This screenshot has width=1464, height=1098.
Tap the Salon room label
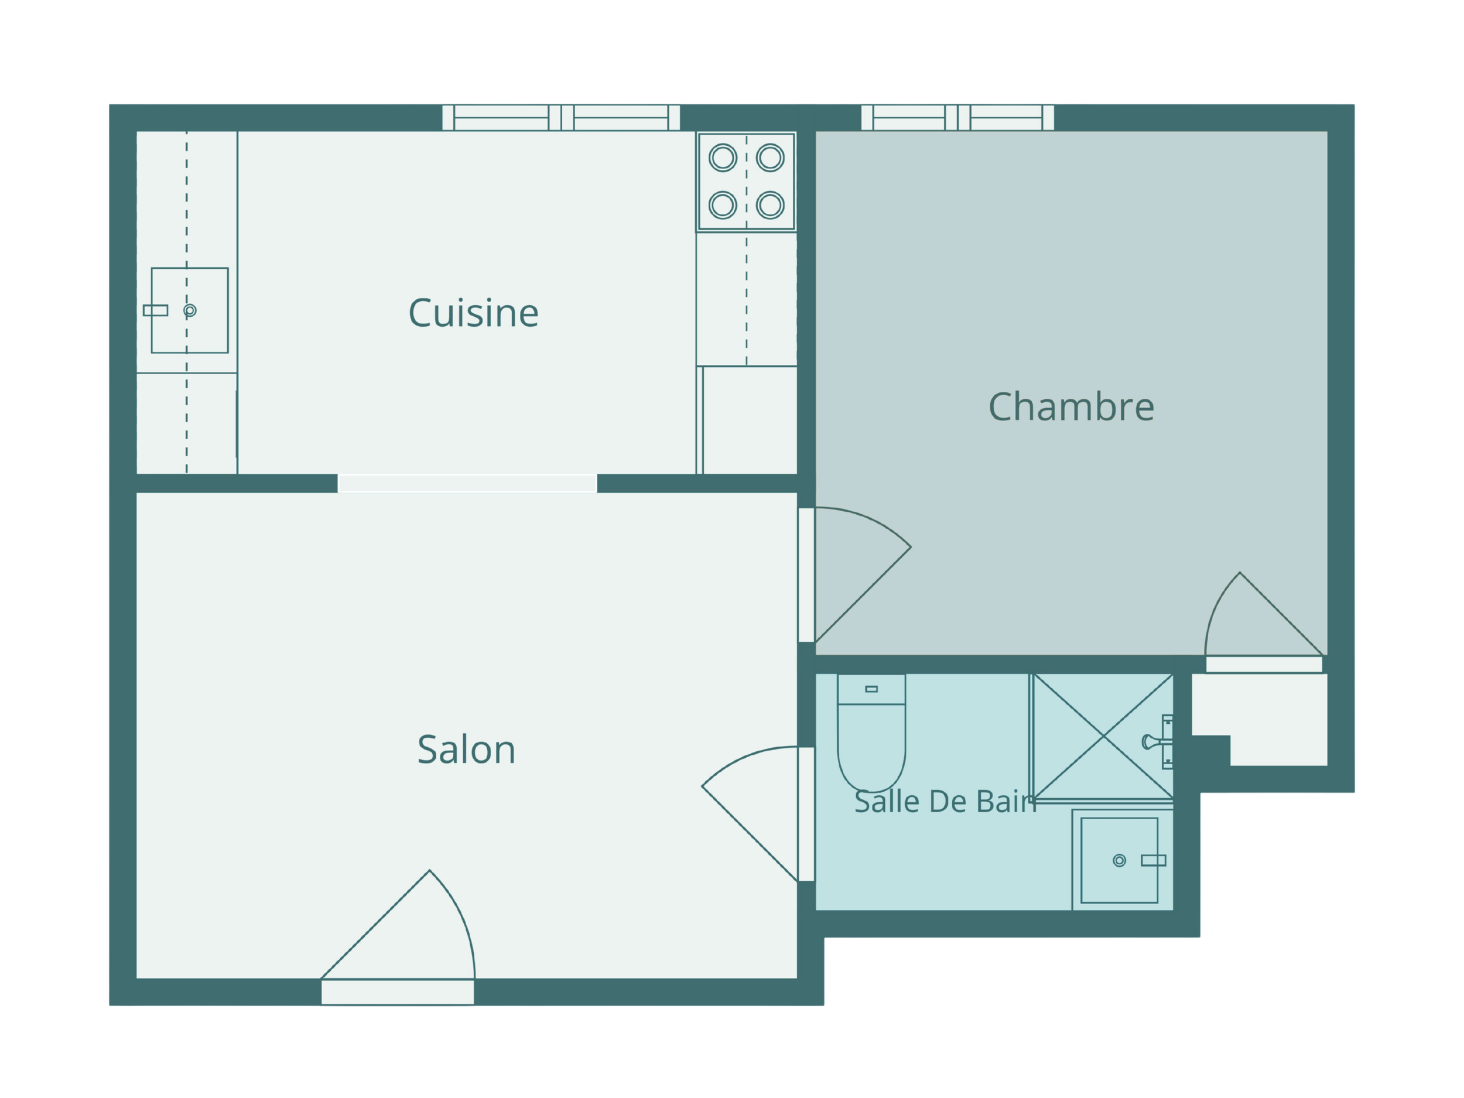466,750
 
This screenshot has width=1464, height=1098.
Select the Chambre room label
1071,406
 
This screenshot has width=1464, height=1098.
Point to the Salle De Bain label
945,802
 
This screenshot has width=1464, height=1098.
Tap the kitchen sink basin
190,310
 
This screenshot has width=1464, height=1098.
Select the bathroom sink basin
1119,860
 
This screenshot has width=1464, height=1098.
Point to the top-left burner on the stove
723,158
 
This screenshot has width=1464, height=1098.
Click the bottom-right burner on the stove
771,205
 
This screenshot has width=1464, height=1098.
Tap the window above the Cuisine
561,118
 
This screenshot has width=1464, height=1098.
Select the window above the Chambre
957,118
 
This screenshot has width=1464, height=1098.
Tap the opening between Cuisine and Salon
467,484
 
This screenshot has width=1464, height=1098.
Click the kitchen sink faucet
156,310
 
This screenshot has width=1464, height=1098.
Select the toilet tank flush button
871,689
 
